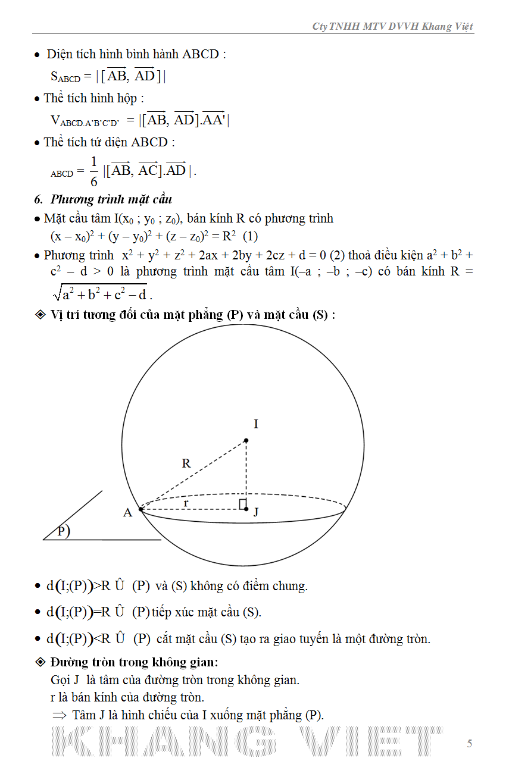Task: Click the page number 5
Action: [x=470, y=744]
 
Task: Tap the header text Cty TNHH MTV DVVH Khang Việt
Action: [x=392, y=27]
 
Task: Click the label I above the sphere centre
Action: [x=256, y=424]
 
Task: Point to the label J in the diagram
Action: [x=256, y=512]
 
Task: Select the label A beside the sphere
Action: [x=127, y=512]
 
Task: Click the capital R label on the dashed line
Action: [x=186, y=463]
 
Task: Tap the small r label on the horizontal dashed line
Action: [x=186, y=503]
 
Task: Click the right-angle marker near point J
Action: [x=242, y=505]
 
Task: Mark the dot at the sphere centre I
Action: [x=246, y=441]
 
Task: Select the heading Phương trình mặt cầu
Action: [x=111, y=199]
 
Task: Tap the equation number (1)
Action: [x=250, y=236]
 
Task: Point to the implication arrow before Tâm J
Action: [x=59, y=716]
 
